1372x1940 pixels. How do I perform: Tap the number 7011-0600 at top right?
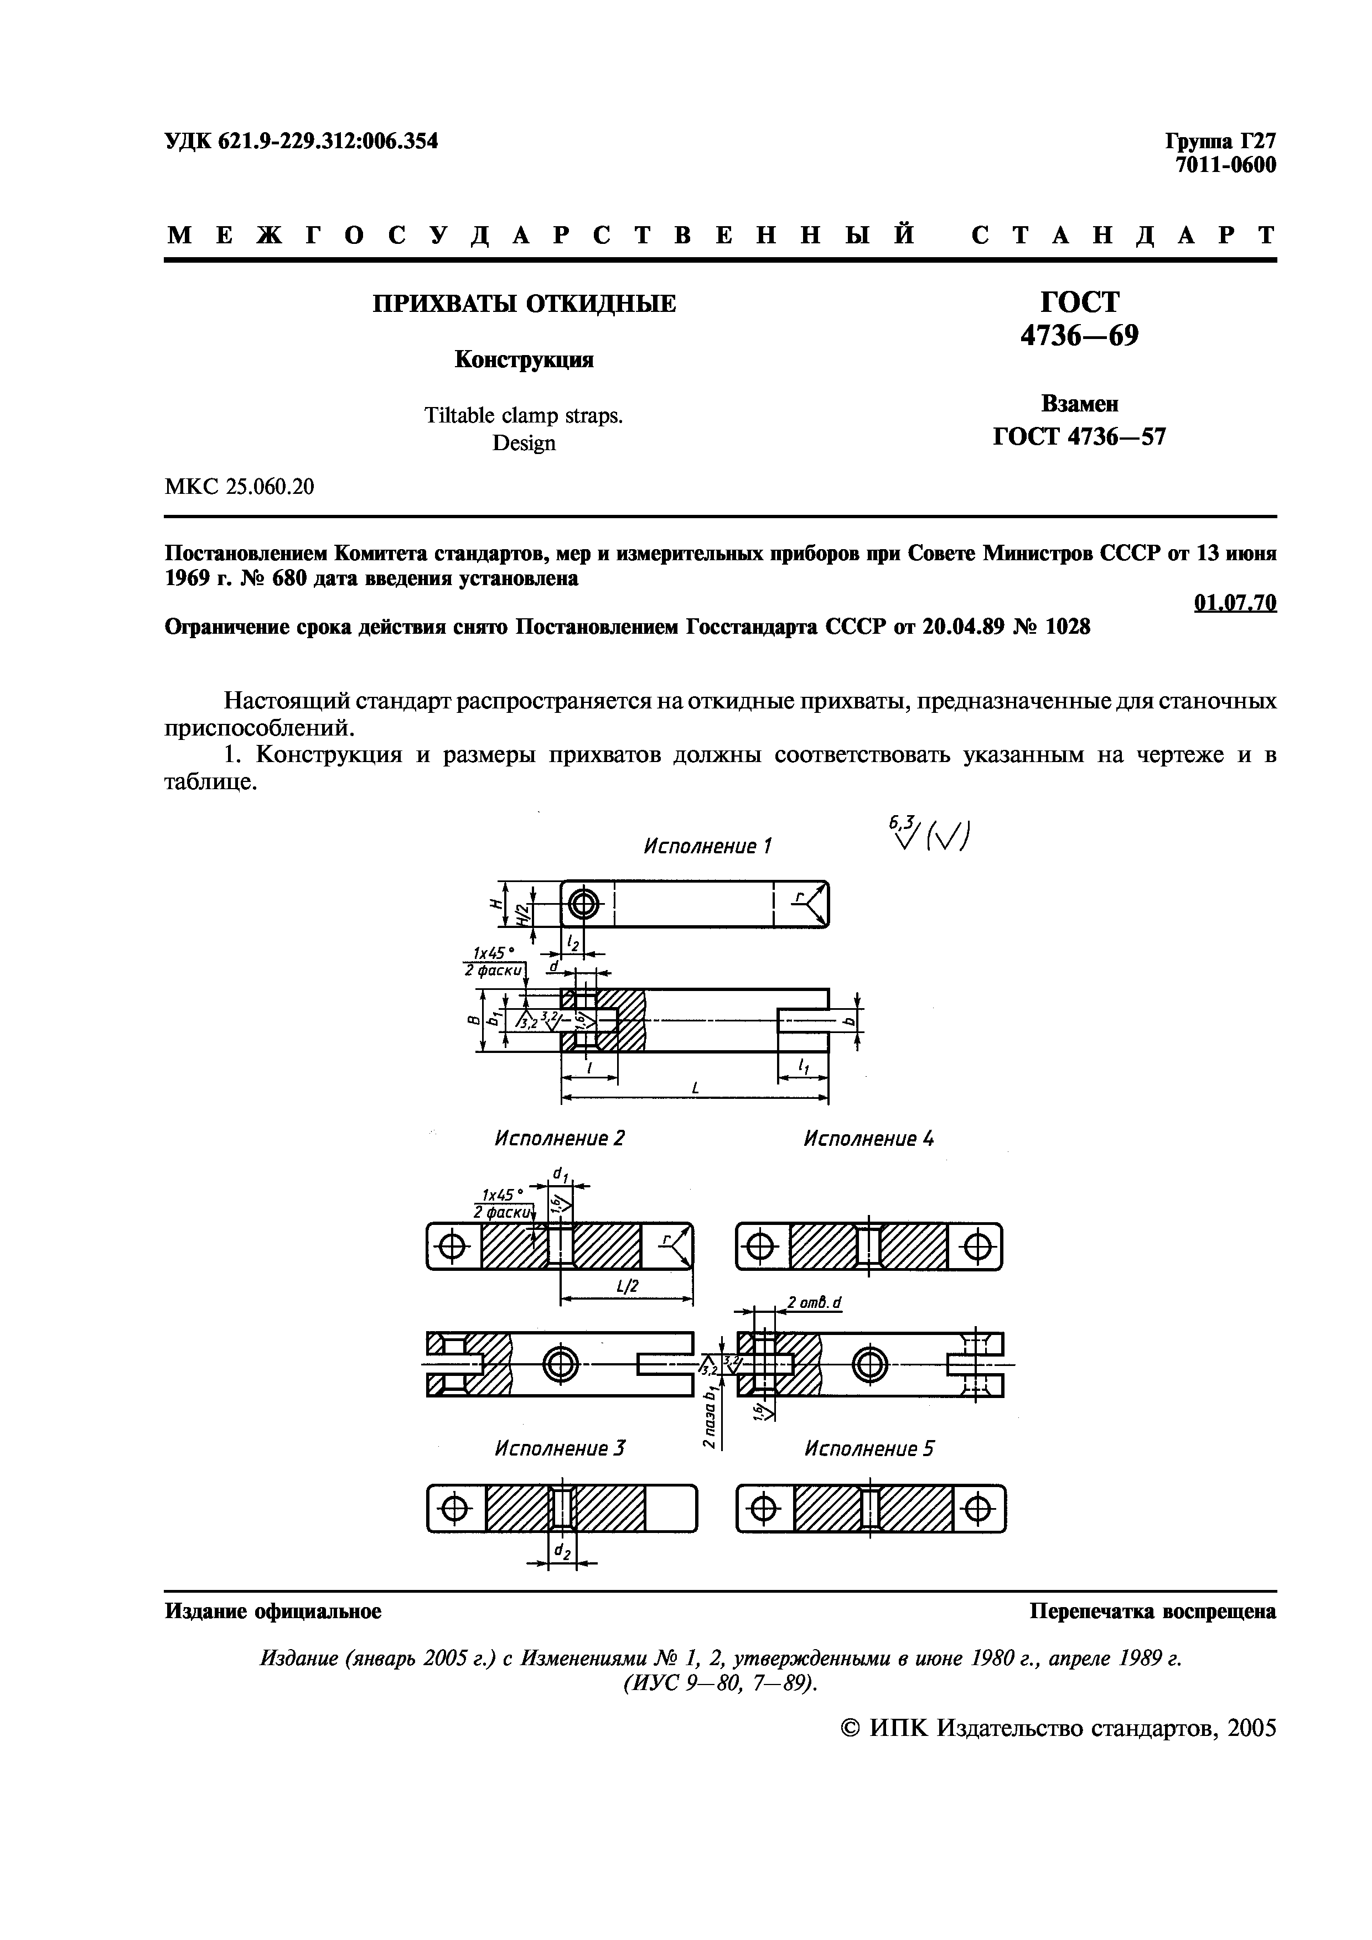[x=1226, y=165]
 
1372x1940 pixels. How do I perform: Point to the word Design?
[x=524, y=444]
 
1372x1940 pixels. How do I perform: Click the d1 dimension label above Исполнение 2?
[x=560, y=1175]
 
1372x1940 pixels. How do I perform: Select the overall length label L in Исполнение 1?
[x=695, y=1088]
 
